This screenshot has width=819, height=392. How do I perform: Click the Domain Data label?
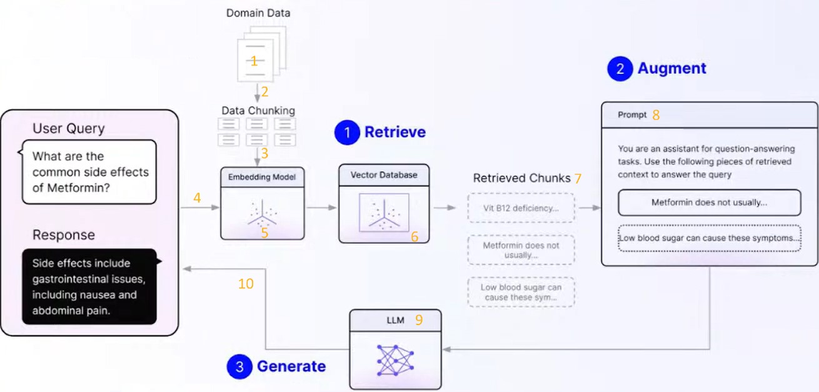(x=258, y=13)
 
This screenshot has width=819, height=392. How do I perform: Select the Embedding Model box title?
(x=262, y=177)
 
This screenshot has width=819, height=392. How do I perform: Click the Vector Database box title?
(x=383, y=175)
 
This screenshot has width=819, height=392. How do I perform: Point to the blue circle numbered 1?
(x=347, y=133)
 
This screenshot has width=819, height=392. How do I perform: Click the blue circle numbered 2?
(x=620, y=69)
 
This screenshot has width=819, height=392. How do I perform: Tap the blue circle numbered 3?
(x=239, y=366)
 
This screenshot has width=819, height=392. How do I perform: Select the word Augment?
(x=671, y=69)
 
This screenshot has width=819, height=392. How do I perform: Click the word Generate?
(x=291, y=366)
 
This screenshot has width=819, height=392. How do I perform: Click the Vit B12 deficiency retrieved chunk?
(x=520, y=208)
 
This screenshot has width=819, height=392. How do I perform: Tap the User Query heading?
(x=68, y=129)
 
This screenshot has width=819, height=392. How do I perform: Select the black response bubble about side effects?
(x=89, y=287)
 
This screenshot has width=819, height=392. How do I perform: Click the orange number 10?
(x=246, y=284)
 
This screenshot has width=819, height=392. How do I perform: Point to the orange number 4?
(x=197, y=198)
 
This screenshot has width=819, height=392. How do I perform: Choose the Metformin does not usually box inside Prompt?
(x=709, y=203)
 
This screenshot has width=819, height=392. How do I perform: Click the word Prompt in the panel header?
(x=632, y=115)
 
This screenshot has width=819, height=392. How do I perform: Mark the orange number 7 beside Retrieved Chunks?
(x=578, y=178)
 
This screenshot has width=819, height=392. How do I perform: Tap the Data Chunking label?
(x=258, y=111)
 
